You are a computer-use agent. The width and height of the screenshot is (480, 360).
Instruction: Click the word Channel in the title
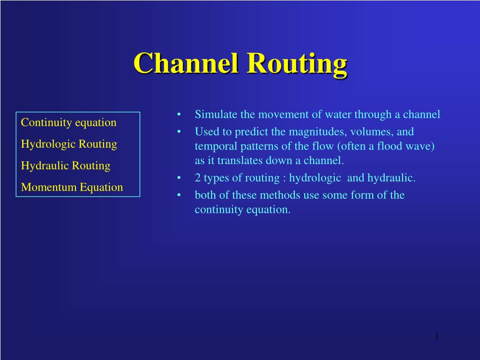(186, 63)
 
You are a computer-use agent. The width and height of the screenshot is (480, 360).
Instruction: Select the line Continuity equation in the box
(68, 122)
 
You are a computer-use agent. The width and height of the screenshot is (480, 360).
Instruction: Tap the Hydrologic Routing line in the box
(69, 144)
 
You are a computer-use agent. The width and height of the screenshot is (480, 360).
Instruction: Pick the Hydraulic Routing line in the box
(66, 165)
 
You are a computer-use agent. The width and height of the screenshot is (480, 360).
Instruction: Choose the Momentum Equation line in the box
(72, 187)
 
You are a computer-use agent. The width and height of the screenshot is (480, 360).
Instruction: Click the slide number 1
(437, 337)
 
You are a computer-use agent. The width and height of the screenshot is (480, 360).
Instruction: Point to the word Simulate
(216, 114)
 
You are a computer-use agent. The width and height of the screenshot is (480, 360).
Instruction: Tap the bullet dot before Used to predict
(179, 132)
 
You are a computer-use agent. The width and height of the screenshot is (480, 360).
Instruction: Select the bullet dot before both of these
(179, 195)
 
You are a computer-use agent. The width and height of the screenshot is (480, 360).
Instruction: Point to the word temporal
(216, 147)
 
